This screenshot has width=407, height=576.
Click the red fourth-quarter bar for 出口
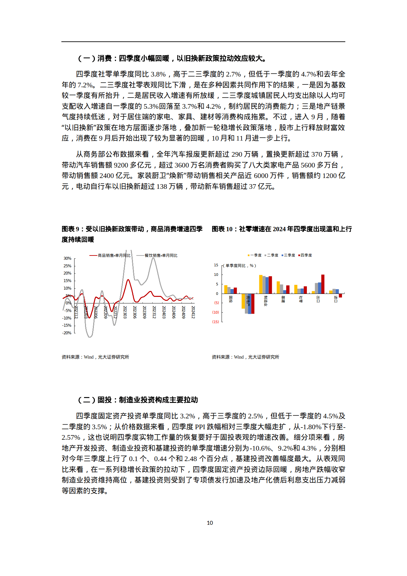[x=323, y=284]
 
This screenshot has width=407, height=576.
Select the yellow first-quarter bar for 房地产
[x=243, y=301]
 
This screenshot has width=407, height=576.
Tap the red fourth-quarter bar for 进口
[x=340, y=296]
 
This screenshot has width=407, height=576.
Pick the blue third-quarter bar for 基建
[x=285, y=292]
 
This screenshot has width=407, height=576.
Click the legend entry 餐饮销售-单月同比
[x=157, y=255]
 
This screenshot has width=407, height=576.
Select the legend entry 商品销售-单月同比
[x=110, y=255]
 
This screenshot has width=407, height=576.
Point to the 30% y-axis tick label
[x=67, y=258]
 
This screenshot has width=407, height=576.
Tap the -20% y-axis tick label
[x=67, y=333]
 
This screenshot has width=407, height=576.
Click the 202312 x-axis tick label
[x=154, y=312]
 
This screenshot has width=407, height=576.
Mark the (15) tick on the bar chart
[x=216, y=322]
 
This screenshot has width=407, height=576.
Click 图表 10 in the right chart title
[x=222, y=229]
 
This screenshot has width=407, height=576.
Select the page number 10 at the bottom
[x=210, y=523]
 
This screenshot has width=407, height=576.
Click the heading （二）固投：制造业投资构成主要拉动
[x=138, y=400]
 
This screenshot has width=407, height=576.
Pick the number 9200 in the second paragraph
[x=121, y=165]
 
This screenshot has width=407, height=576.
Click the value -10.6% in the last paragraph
[x=261, y=448]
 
